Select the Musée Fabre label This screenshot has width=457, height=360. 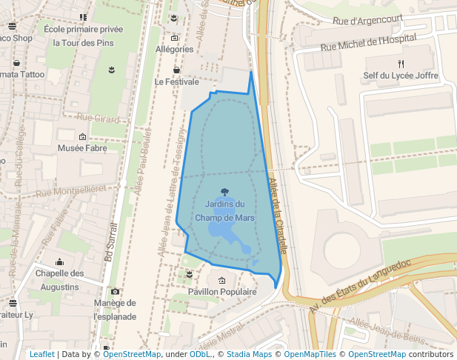pos(82,148)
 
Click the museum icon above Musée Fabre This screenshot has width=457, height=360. pos(82,136)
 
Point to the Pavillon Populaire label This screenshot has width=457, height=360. pos(222,292)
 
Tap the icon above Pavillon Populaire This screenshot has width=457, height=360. pos(222,280)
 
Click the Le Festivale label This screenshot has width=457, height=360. pos(176,81)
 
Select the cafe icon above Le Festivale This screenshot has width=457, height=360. pos(176,70)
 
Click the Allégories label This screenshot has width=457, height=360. pos(175,50)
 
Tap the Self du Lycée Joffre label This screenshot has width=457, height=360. pos(401,76)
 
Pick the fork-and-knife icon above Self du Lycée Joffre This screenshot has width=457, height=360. pos(401,64)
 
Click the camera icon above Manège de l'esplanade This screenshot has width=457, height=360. pos(115,291)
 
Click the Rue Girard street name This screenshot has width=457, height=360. pos(97,118)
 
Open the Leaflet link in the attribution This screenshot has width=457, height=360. pos(41,355)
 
